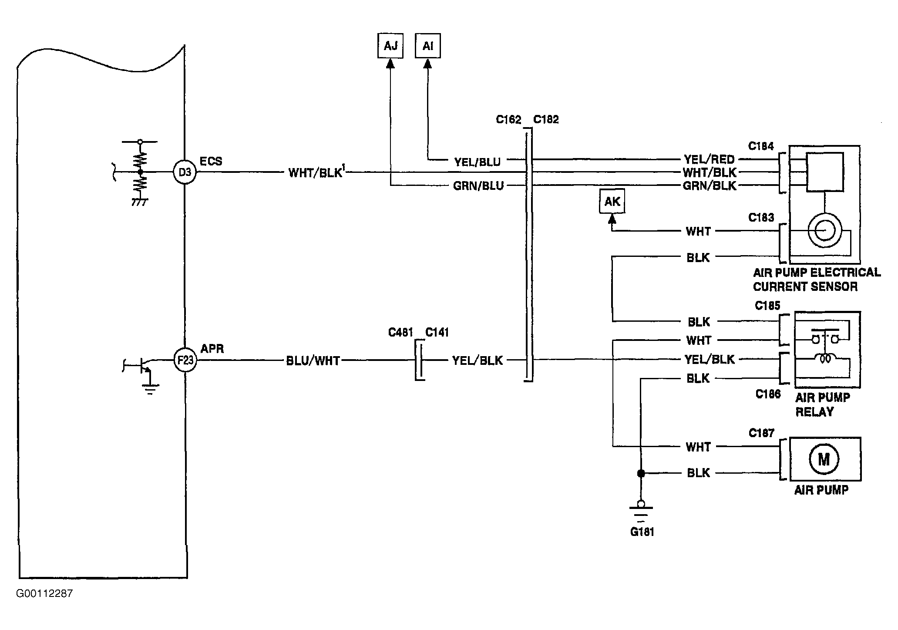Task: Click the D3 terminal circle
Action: pyautogui.click(x=185, y=172)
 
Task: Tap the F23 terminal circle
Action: pyautogui.click(x=185, y=360)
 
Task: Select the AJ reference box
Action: pyautogui.click(x=390, y=46)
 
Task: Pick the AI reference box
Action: pyautogui.click(x=428, y=46)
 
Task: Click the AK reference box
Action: pyautogui.click(x=612, y=201)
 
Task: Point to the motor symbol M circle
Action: pyautogui.click(x=824, y=459)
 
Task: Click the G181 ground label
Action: pyautogui.click(x=642, y=532)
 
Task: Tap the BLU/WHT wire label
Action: pyautogui.click(x=313, y=361)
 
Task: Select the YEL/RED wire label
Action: pyautogui.click(x=709, y=159)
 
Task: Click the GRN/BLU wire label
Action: pyautogui.click(x=478, y=186)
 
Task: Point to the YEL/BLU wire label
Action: pyautogui.click(x=478, y=162)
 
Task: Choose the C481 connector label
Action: pyautogui.click(x=400, y=333)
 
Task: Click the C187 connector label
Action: pyautogui.click(x=761, y=433)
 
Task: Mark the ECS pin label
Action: pyautogui.click(x=211, y=161)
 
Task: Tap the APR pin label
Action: pyautogui.click(x=212, y=349)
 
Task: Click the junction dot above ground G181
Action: pyautogui.click(x=641, y=473)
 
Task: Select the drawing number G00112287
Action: pyautogui.click(x=44, y=594)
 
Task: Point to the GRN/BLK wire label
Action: pyautogui.click(x=710, y=186)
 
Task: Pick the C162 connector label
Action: pyautogui.click(x=508, y=120)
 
